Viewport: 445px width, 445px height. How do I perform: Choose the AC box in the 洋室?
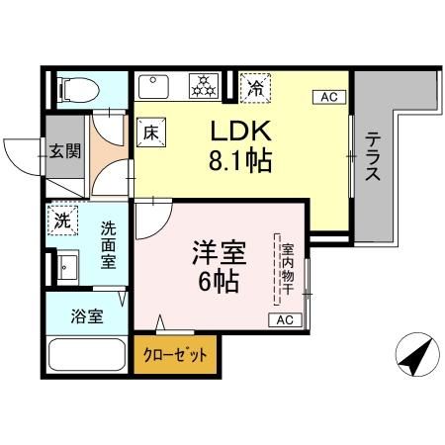point(284,319)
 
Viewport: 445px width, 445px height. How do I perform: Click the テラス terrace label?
point(373,158)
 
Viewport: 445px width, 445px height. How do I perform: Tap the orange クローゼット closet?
point(175,355)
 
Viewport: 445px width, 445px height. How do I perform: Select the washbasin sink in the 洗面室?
point(67,267)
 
